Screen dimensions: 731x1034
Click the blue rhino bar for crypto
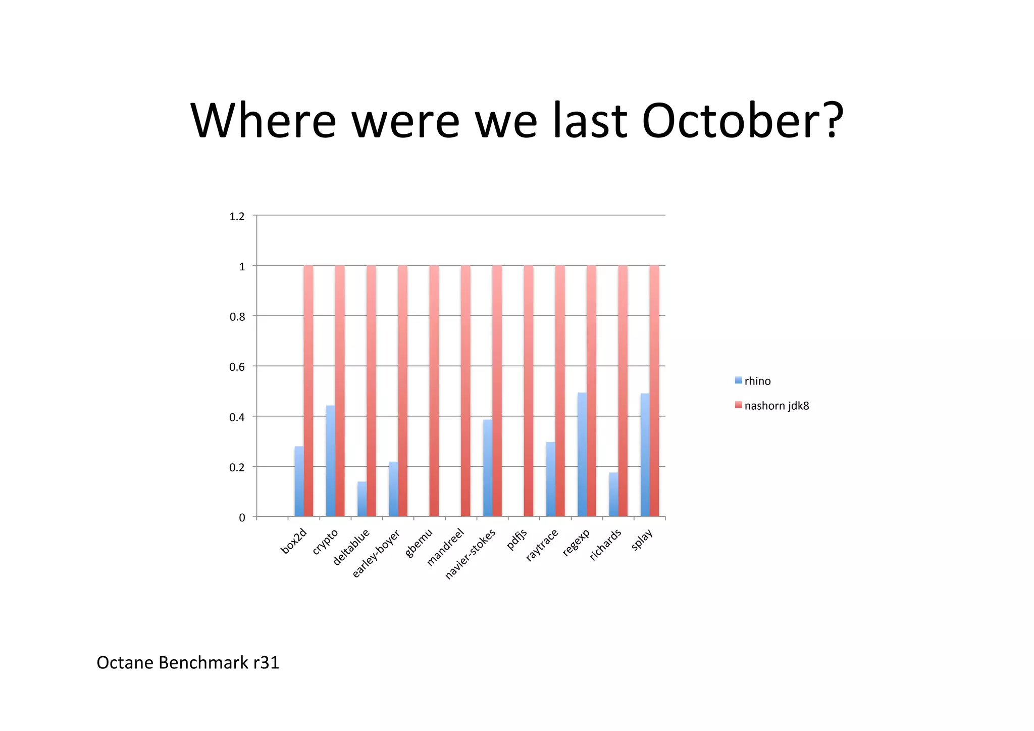(x=330, y=461)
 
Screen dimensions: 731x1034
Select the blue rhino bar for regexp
(x=582, y=454)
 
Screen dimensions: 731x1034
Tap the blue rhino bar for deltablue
(x=362, y=499)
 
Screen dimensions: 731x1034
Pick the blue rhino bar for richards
(x=613, y=494)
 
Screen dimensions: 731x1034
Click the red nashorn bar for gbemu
(x=434, y=391)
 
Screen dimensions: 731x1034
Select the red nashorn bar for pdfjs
(x=529, y=391)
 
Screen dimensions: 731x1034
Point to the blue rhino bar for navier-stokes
(x=488, y=468)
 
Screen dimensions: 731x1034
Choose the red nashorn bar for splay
(x=654, y=391)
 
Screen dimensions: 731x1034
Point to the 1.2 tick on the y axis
(x=237, y=216)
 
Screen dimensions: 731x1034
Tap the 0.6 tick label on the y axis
(x=237, y=367)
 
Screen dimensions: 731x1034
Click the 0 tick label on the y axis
(x=242, y=517)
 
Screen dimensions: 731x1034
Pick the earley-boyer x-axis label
(x=377, y=553)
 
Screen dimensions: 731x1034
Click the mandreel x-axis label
(x=446, y=547)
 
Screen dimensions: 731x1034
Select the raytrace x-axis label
(x=542, y=545)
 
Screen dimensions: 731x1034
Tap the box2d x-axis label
(x=294, y=541)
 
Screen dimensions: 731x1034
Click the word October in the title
(x=742, y=121)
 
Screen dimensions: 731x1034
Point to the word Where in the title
(x=263, y=121)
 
